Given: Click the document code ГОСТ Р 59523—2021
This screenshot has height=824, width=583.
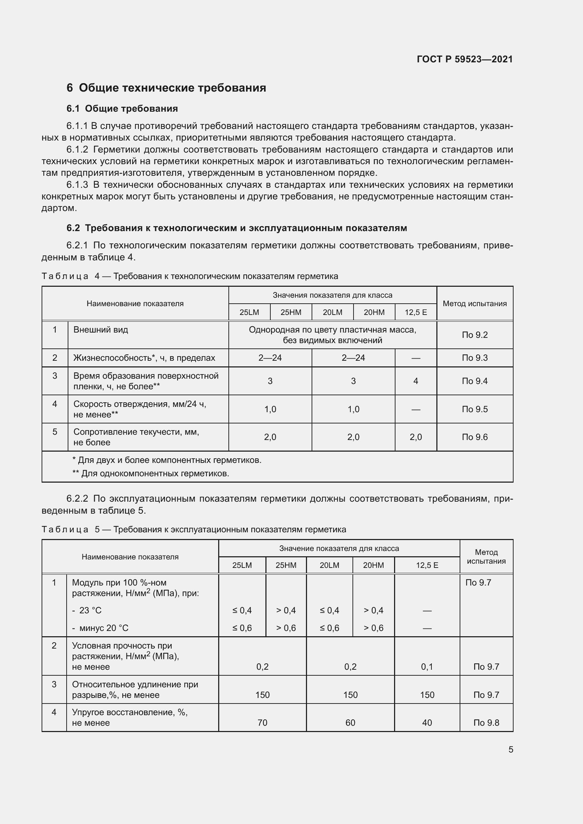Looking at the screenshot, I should (465, 59).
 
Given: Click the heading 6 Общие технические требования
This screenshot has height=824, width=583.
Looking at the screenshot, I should (166, 88).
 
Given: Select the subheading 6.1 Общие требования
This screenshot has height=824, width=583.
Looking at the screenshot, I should (122, 109).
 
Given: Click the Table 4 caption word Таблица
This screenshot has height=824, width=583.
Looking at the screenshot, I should (65, 276).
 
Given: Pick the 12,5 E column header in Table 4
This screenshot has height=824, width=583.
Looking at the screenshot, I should (416, 312).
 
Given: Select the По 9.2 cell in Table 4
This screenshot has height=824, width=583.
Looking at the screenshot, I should (474, 335).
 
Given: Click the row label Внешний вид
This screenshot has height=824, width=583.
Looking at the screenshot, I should (100, 329).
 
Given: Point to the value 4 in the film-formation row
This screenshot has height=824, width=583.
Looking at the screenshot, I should (416, 381).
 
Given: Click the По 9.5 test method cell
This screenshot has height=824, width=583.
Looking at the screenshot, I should (474, 409).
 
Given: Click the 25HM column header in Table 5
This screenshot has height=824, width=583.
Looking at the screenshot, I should (286, 565).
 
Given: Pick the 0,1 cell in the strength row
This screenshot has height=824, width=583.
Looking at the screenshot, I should (427, 667).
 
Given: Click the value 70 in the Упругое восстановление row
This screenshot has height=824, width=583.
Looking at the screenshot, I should (263, 723).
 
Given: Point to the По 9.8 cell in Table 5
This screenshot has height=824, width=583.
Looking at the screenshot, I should (486, 723).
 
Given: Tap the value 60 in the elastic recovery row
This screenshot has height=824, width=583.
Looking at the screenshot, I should (350, 723).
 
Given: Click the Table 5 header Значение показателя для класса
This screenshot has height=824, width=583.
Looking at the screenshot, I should (339, 549).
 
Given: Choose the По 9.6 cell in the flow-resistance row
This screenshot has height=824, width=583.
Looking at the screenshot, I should (474, 437).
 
